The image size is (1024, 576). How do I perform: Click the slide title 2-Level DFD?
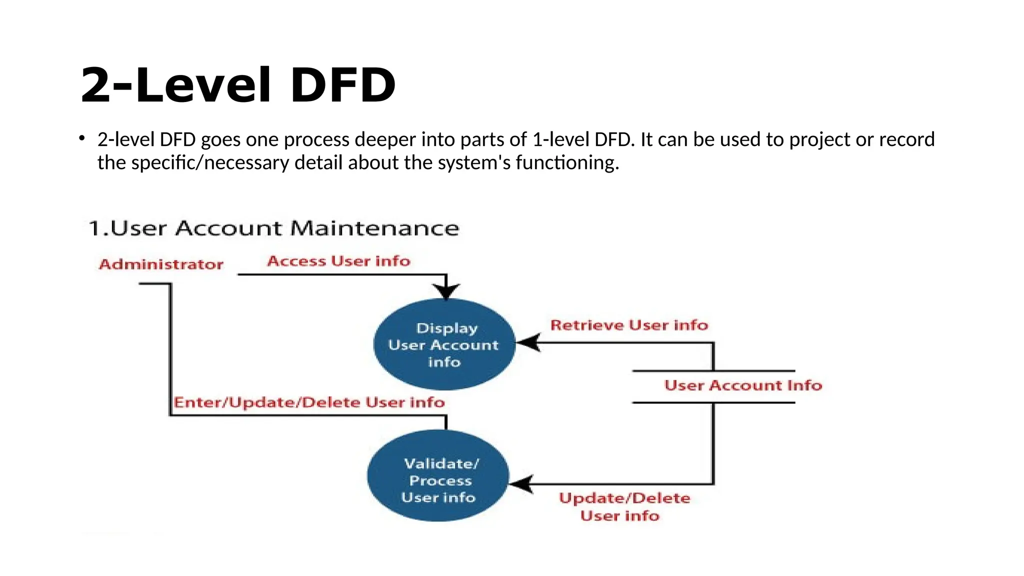(238, 85)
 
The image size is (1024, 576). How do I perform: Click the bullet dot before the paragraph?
(82, 138)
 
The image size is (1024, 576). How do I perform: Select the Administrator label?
(161, 264)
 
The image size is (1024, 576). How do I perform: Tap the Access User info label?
(338, 261)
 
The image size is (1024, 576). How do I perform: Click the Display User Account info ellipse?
(444, 344)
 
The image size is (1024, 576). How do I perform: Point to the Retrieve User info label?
(629, 325)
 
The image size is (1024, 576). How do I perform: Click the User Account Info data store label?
(743, 385)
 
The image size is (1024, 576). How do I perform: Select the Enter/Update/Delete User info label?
(309, 402)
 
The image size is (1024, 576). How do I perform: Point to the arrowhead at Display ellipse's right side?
(527, 343)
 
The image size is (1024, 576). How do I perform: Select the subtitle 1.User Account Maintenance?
(273, 228)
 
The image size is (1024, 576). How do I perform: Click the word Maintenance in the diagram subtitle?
(374, 228)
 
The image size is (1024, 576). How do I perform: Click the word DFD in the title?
(343, 85)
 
